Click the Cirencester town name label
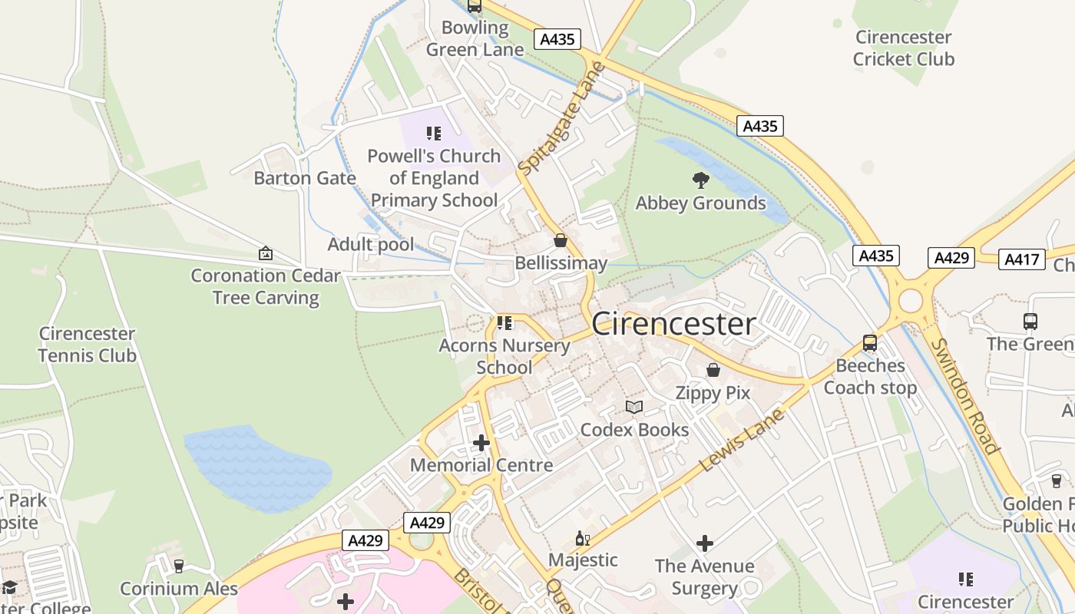pyautogui.click(x=673, y=324)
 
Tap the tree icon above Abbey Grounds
pyautogui.click(x=700, y=180)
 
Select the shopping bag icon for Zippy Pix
pyautogui.click(x=713, y=370)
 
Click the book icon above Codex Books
pyautogui.click(x=634, y=407)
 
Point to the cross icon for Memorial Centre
pyautogui.click(x=481, y=443)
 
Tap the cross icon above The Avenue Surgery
pyautogui.click(x=704, y=543)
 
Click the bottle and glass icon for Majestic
pyautogui.click(x=583, y=539)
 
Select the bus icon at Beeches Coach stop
pyautogui.click(x=870, y=343)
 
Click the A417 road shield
pyautogui.click(x=1022, y=259)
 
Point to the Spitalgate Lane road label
pyautogui.click(x=562, y=117)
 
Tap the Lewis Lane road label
pyautogui.click(x=743, y=440)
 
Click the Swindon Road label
pyautogui.click(x=964, y=396)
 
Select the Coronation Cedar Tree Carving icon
pyautogui.click(x=266, y=253)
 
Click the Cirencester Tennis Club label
pyautogui.click(x=87, y=345)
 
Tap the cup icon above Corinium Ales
pyautogui.click(x=179, y=566)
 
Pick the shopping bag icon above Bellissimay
pyautogui.click(x=561, y=241)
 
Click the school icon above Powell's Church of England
pyautogui.click(x=434, y=134)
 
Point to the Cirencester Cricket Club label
pyautogui.click(x=904, y=48)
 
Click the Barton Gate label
pyautogui.click(x=305, y=178)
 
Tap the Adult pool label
pyautogui.click(x=371, y=244)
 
